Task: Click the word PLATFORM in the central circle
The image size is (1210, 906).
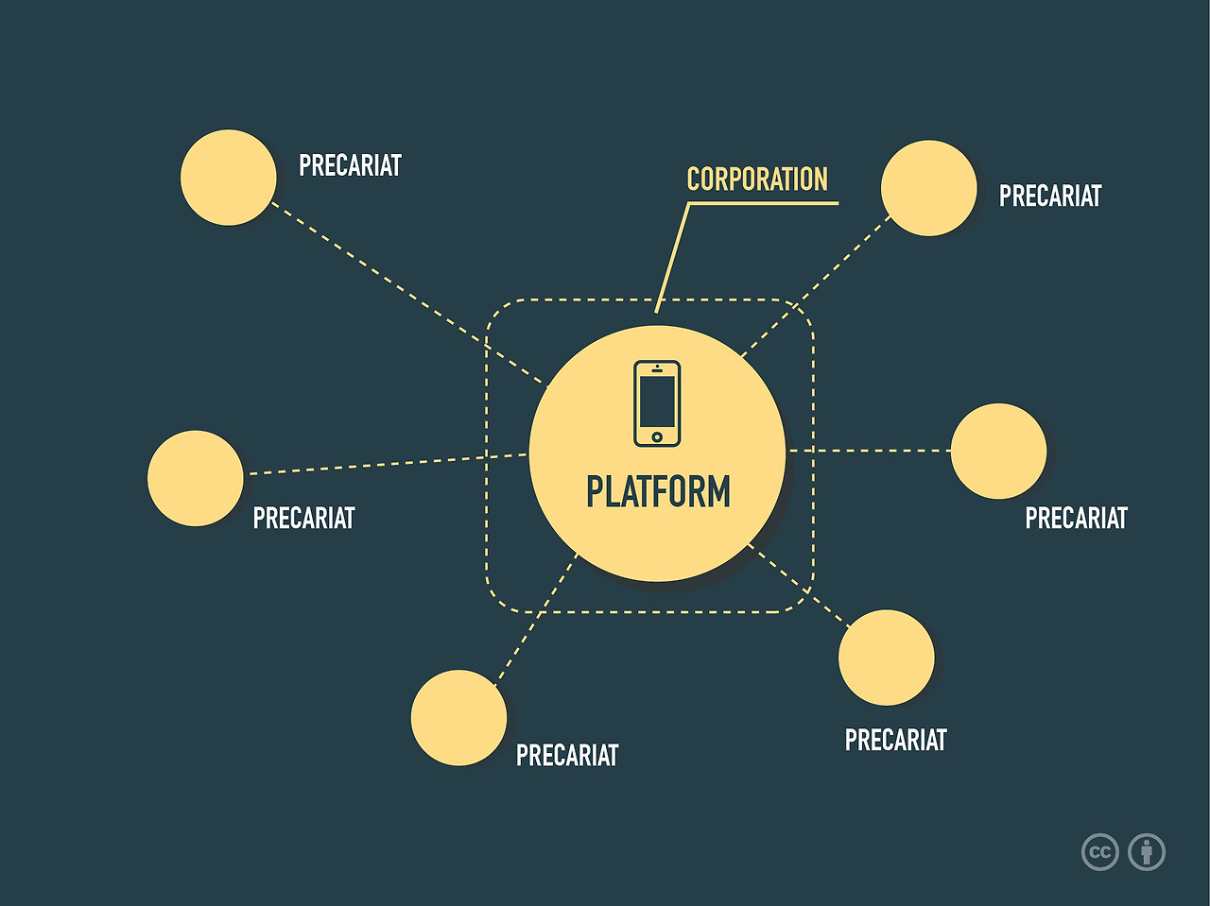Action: pos(658,492)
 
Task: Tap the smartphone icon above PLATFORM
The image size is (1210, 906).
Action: pos(657,402)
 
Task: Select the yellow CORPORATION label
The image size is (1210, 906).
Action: pos(757,179)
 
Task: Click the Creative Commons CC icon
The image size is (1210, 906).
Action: pos(1099,852)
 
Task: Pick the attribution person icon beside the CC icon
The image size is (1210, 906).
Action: pos(1147,852)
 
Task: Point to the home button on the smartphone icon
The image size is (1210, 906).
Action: pos(657,436)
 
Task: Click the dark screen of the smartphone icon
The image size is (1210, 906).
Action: pos(657,401)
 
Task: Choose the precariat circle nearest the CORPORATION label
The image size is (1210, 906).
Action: pos(928,188)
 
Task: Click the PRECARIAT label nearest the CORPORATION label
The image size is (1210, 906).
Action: pos(1050,197)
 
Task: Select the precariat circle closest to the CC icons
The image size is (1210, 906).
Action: pos(886,658)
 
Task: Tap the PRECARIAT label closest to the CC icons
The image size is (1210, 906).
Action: pos(895,741)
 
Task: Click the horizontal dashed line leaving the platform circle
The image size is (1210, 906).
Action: pos(870,451)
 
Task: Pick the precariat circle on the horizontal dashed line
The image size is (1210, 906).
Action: pos(998,452)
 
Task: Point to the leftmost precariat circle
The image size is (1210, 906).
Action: pos(196,478)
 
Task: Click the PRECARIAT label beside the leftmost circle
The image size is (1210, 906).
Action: pos(303,519)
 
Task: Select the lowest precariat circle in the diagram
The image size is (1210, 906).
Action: pos(458,718)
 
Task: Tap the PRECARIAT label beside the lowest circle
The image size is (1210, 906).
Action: pos(567,756)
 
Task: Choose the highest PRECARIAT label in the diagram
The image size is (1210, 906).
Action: pos(350,166)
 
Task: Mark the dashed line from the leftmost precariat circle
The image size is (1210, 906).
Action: pos(378,465)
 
